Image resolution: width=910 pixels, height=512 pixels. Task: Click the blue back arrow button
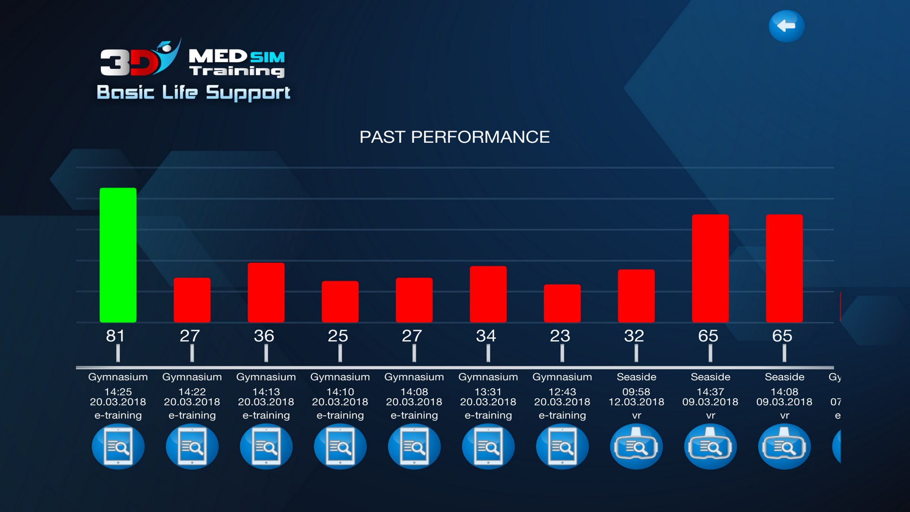786,26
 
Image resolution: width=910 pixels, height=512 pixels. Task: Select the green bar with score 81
118,255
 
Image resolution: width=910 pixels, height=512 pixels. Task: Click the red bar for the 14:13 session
266,293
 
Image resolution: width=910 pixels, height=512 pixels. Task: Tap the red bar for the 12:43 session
562,303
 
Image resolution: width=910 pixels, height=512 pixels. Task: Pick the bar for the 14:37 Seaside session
710,268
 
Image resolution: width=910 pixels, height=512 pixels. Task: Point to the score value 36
264,336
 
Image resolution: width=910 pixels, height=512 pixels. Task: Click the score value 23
560,336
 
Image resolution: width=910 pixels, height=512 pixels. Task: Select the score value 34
486,336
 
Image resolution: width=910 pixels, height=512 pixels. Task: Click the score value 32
634,336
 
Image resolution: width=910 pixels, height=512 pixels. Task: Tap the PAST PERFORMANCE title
455,137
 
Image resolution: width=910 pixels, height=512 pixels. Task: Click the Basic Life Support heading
193,92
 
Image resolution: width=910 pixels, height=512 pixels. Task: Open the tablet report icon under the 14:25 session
118,447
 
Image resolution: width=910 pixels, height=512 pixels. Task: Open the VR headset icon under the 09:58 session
636,447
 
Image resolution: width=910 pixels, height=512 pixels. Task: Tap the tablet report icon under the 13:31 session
488,447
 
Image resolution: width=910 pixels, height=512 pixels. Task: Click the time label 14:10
340,392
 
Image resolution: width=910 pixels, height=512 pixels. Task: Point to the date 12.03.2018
636,402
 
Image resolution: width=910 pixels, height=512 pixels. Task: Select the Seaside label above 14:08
784,377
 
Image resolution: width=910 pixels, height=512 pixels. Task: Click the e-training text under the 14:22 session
192,415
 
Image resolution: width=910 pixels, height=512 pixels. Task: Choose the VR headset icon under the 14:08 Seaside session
784,447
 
